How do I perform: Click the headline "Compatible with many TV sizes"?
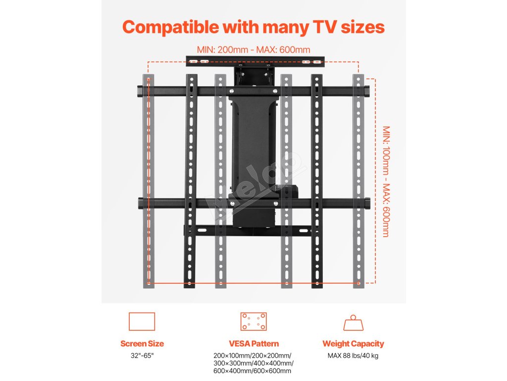(253, 27)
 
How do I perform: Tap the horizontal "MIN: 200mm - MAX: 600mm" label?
(253, 50)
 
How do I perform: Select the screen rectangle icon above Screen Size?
(142, 321)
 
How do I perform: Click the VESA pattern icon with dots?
(253, 321)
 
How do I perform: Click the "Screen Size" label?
(142, 343)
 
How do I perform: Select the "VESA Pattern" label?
(253, 343)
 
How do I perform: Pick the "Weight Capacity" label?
(353, 343)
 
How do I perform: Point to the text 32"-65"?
(142, 355)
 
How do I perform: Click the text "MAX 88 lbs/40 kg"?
(353, 355)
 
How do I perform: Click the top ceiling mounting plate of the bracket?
(254, 62)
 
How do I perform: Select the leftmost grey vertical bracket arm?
(148, 181)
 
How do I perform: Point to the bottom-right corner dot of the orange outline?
(358, 283)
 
